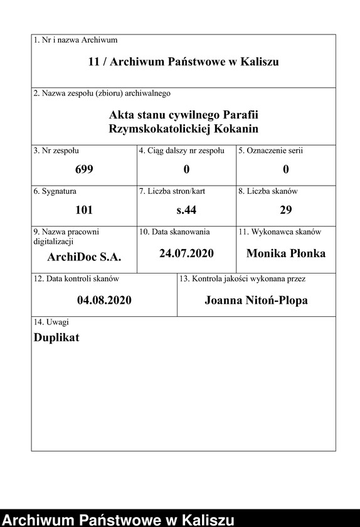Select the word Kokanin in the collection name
[236, 129]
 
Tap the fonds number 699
[84, 169]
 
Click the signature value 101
[84, 210]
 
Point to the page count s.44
[186, 210]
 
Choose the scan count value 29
[285, 210]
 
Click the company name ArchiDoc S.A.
[84, 257]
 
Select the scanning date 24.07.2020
[186, 253]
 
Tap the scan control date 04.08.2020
[104, 301]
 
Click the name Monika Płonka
[285, 253]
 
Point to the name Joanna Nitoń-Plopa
[256, 301]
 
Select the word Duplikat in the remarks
[56, 337]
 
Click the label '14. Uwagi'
[51, 322]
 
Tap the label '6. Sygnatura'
[55, 191]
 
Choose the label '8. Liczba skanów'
[267, 191]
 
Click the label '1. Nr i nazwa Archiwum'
[75, 40]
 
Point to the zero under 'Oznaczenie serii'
[285, 169]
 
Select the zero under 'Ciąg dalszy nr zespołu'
[186, 169]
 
